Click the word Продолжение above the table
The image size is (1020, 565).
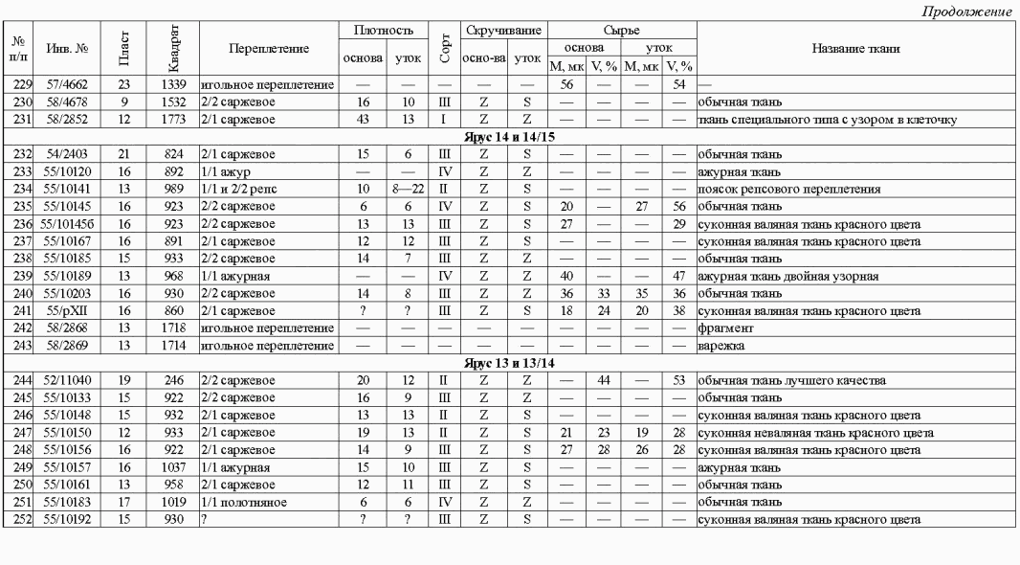[x=967, y=11]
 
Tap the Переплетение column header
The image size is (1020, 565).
[x=269, y=49]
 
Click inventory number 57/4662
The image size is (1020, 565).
[x=66, y=86]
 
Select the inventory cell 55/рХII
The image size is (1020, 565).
[x=67, y=312]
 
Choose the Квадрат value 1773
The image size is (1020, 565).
[x=178, y=120]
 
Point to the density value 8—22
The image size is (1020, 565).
[x=407, y=189]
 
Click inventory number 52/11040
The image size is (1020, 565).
[x=66, y=381]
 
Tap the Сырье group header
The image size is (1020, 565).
[x=622, y=31]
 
